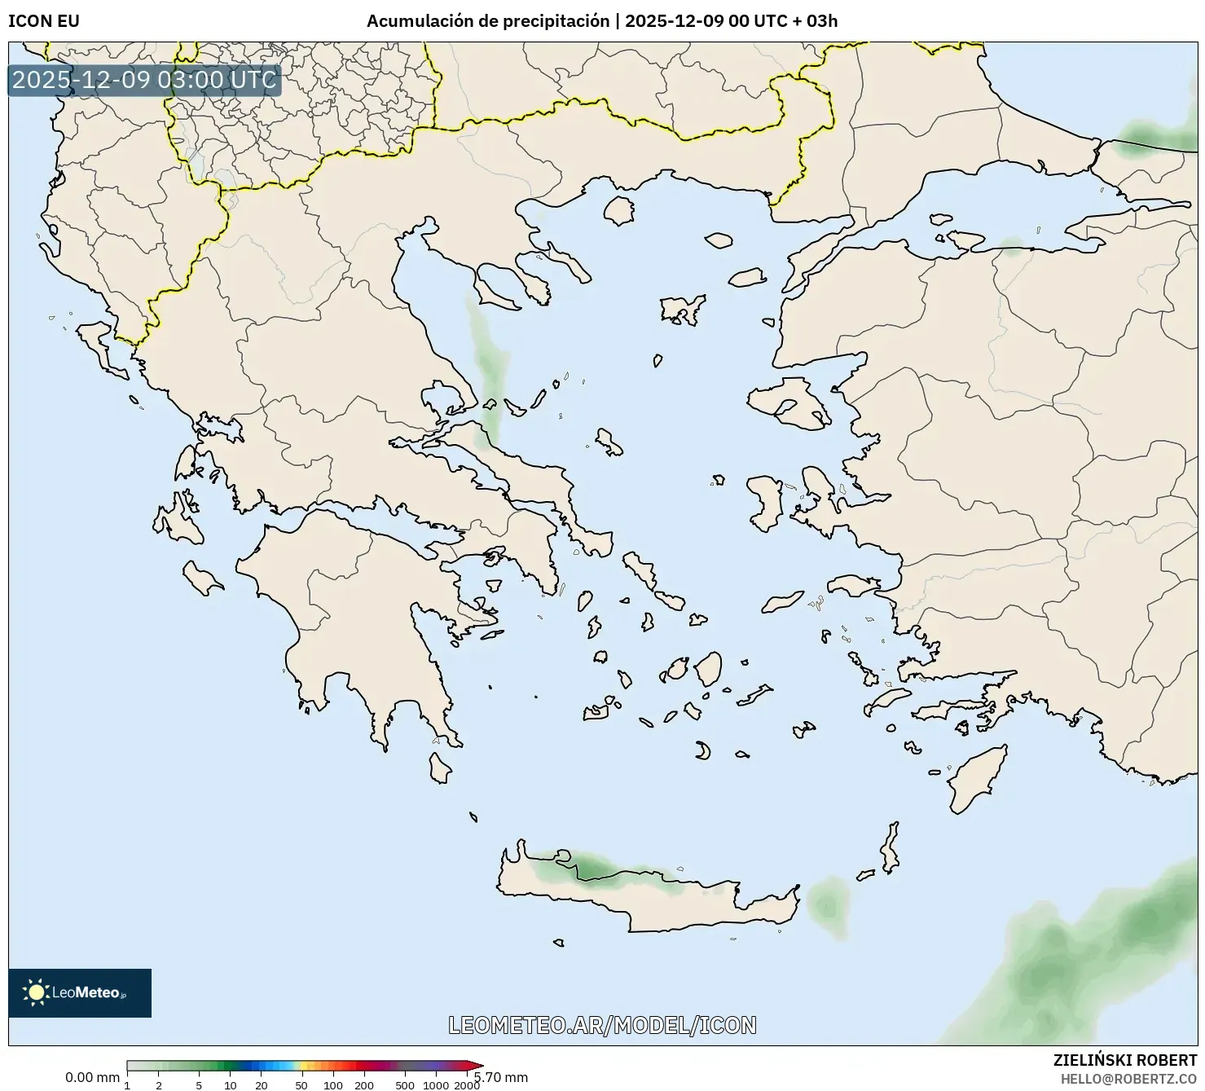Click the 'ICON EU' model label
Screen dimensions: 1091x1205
[44, 21]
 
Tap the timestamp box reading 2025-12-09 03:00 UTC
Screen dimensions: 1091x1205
[144, 80]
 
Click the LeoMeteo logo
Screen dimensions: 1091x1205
[80, 992]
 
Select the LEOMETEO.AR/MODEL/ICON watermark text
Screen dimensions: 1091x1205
[602, 1025]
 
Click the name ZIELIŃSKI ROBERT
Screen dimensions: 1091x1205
[1124, 1060]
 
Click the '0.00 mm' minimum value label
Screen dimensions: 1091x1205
[92, 1077]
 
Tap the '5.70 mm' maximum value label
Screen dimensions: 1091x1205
[502, 1077]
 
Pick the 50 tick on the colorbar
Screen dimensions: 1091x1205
[301, 1085]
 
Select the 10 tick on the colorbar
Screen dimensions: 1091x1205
[231, 1085]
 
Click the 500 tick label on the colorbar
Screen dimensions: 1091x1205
[404, 1085]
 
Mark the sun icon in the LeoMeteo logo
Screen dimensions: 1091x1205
[36, 992]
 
